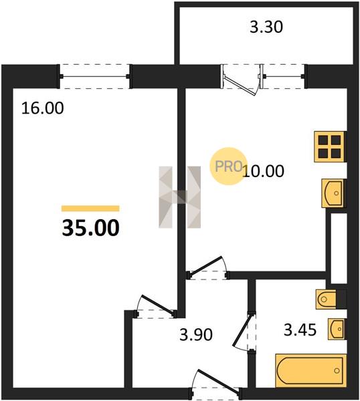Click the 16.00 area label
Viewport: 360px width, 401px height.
coord(43,108)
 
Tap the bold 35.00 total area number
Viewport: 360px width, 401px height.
coord(90,228)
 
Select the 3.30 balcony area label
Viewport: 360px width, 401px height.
coord(266,27)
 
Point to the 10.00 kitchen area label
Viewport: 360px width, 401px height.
coord(264,171)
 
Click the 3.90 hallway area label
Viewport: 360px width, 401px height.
coord(196,334)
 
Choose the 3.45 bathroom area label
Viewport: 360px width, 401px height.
coord(300,330)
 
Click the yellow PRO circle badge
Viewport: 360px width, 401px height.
coord(228,166)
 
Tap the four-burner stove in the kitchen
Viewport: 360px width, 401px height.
coord(329,146)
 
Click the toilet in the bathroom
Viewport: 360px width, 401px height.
coord(326,299)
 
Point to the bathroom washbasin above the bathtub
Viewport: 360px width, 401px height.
coord(337,329)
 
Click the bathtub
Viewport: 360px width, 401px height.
coord(311,370)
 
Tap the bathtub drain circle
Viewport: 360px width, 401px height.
coord(337,370)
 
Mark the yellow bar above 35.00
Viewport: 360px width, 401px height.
coord(90,209)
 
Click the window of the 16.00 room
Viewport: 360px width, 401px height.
coord(95,76)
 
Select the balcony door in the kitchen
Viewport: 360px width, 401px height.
coord(240,80)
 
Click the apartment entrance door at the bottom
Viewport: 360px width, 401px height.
coord(215,384)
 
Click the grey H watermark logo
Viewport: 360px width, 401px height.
coord(180,197)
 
